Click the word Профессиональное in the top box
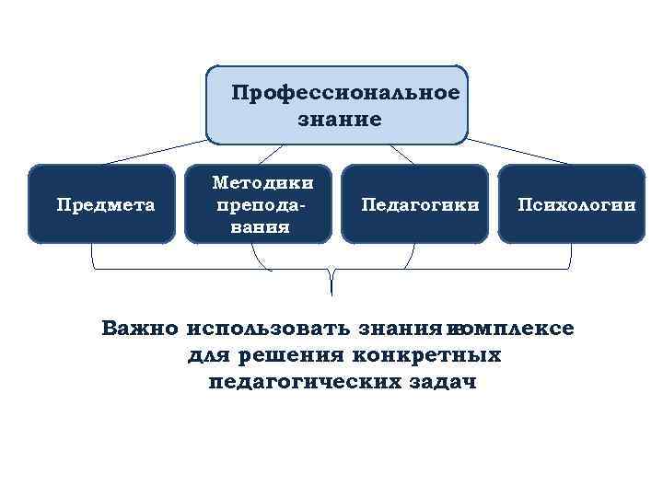[x=345, y=93]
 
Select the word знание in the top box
[x=339, y=119]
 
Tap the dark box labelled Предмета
[x=101, y=203]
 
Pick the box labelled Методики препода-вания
[x=258, y=203]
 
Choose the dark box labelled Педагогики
[x=414, y=203]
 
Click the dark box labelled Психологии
[x=572, y=203]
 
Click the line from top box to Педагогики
[x=401, y=154]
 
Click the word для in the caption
[x=207, y=354]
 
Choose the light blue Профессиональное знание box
[x=337, y=105]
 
